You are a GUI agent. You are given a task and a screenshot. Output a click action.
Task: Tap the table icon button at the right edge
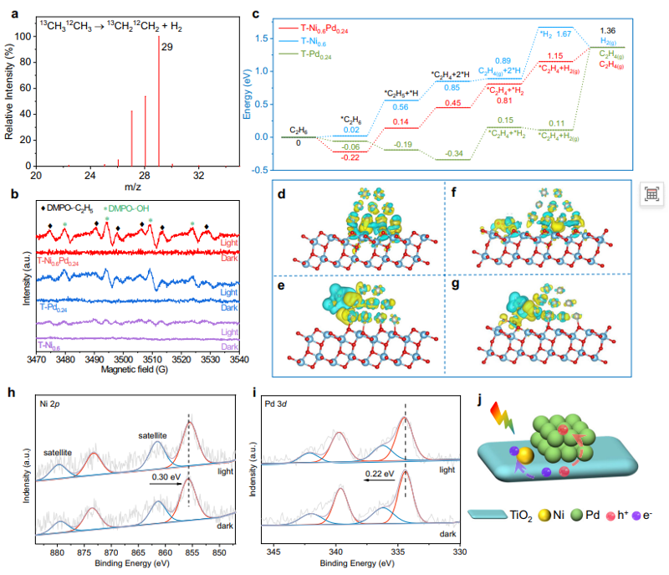point(652,193)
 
